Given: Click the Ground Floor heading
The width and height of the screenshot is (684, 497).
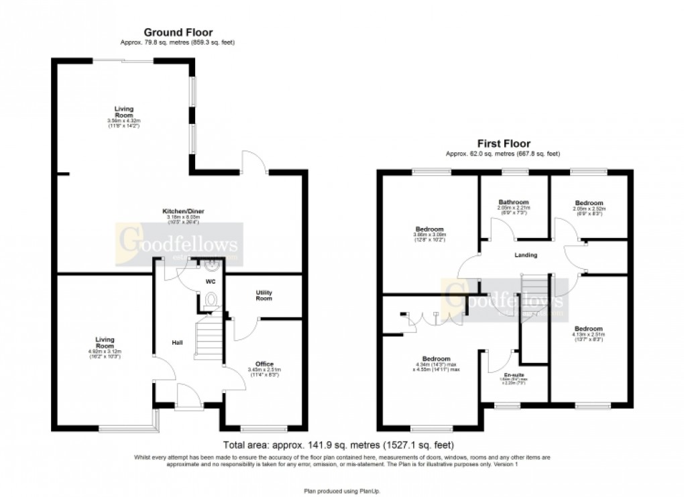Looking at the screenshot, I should click(179, 32).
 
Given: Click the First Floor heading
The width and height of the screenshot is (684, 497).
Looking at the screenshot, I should click(503, 143).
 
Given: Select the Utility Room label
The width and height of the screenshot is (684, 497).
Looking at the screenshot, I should click(264, 295).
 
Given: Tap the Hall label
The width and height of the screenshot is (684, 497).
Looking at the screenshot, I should click(177, 343).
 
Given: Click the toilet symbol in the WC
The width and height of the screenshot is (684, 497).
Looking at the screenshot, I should click(211, 299).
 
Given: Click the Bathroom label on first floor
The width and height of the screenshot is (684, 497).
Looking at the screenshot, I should click(513, 202).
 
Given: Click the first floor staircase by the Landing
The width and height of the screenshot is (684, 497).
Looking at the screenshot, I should click(534, 294).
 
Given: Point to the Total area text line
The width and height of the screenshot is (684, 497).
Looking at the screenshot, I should click(338, 445).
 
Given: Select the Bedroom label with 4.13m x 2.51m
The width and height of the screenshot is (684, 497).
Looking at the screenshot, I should click(588, 329).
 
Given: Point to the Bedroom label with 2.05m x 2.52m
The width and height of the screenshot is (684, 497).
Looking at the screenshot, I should click(589, 203).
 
